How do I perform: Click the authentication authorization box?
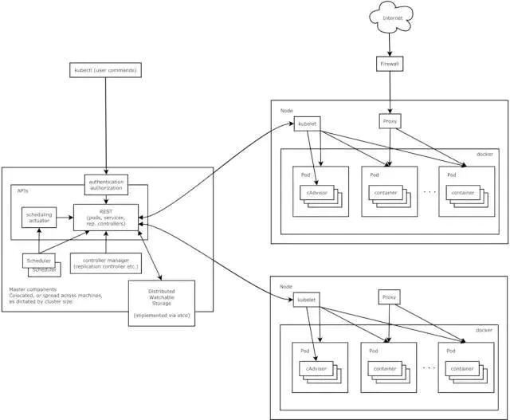106,184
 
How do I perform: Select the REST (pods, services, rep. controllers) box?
106,216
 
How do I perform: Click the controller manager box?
106,262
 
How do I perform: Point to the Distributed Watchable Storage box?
162,303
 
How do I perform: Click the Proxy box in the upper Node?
389,122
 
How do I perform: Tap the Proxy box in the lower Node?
389,297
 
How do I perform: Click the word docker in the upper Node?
484,155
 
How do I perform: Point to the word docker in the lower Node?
484,329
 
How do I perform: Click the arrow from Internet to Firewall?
388,43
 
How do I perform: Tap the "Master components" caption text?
32,289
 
